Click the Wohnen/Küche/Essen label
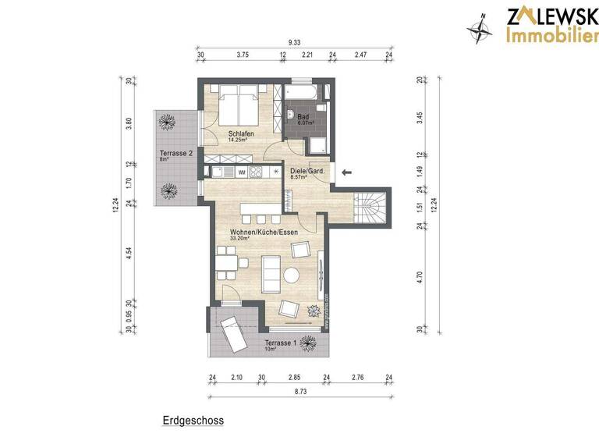(x=262, y=233)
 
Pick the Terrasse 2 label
(x=175, y=154)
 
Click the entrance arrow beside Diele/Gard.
(x=347, y=171)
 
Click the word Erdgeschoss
(x=193, y=421)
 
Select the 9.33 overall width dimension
(x=295, y=41)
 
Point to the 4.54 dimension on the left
(x=129, y=254)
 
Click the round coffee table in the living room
(x=292, y=275)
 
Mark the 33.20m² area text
(x=239, y=239)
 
